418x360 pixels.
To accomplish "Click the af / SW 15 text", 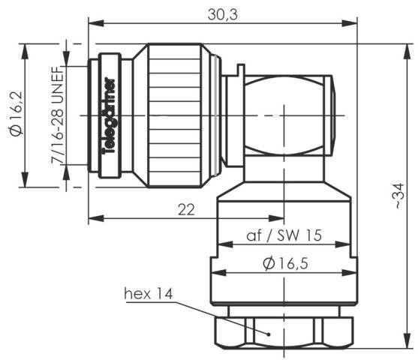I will (284, 235).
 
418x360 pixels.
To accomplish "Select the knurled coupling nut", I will (180, 112).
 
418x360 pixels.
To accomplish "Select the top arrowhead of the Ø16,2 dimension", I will (26, 47).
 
